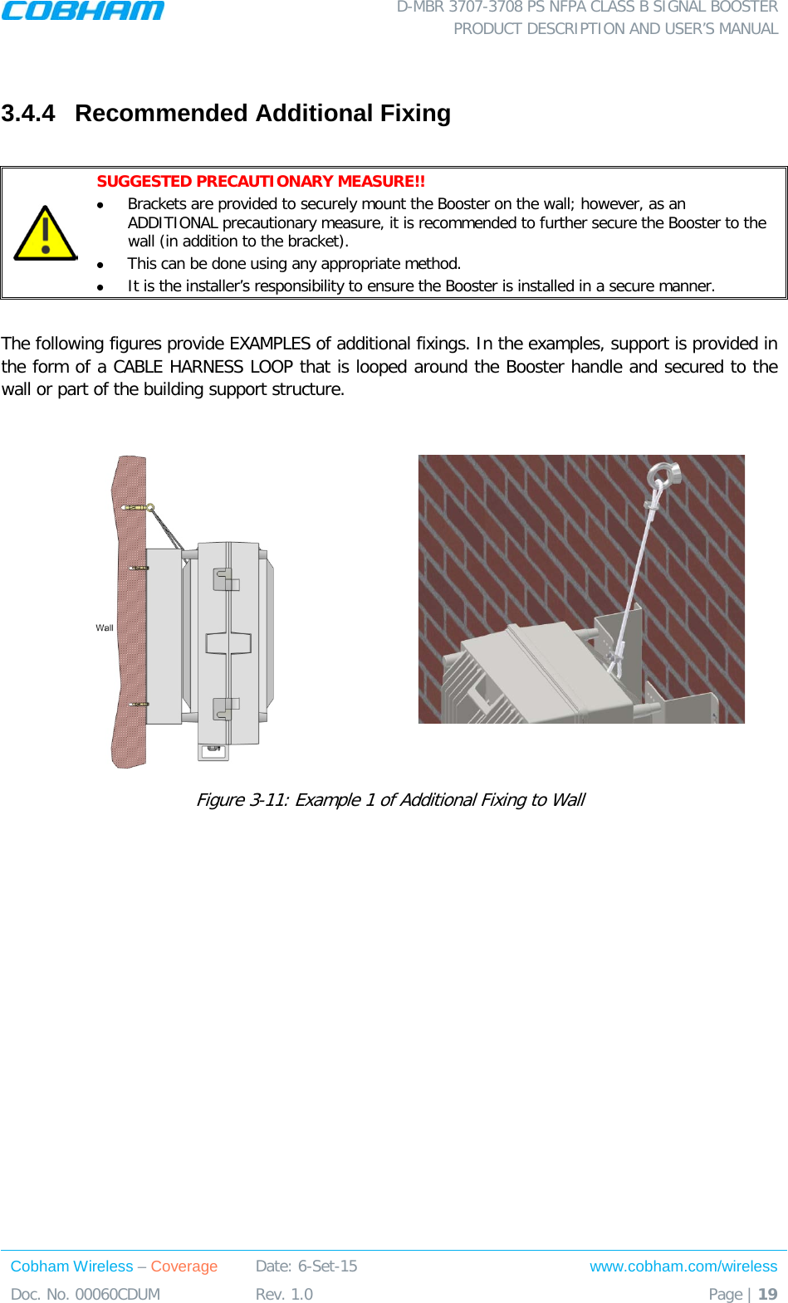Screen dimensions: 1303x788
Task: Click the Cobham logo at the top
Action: coord(82,11)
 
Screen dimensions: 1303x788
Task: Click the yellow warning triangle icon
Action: coord(46,234)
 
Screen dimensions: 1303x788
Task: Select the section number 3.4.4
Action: coord(28,113)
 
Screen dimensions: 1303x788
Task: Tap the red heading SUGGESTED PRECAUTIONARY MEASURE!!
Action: coord(261,181)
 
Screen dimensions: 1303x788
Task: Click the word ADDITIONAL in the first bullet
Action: coord(173,222)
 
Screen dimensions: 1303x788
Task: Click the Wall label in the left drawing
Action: coord(105,627)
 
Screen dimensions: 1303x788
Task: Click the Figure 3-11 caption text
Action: coord(390,799)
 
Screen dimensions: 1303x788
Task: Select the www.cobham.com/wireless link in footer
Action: coord(683,1266)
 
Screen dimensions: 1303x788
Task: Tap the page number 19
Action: coord(768,1294)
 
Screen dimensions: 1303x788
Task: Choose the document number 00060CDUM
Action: coord(117,1294)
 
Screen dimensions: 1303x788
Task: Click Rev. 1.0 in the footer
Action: coord(284,1294)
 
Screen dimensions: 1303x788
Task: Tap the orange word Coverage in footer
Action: coord(184,1266)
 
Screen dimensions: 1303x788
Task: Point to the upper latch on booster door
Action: coord(225,578)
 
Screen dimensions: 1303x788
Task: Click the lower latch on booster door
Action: coord(225,708)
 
